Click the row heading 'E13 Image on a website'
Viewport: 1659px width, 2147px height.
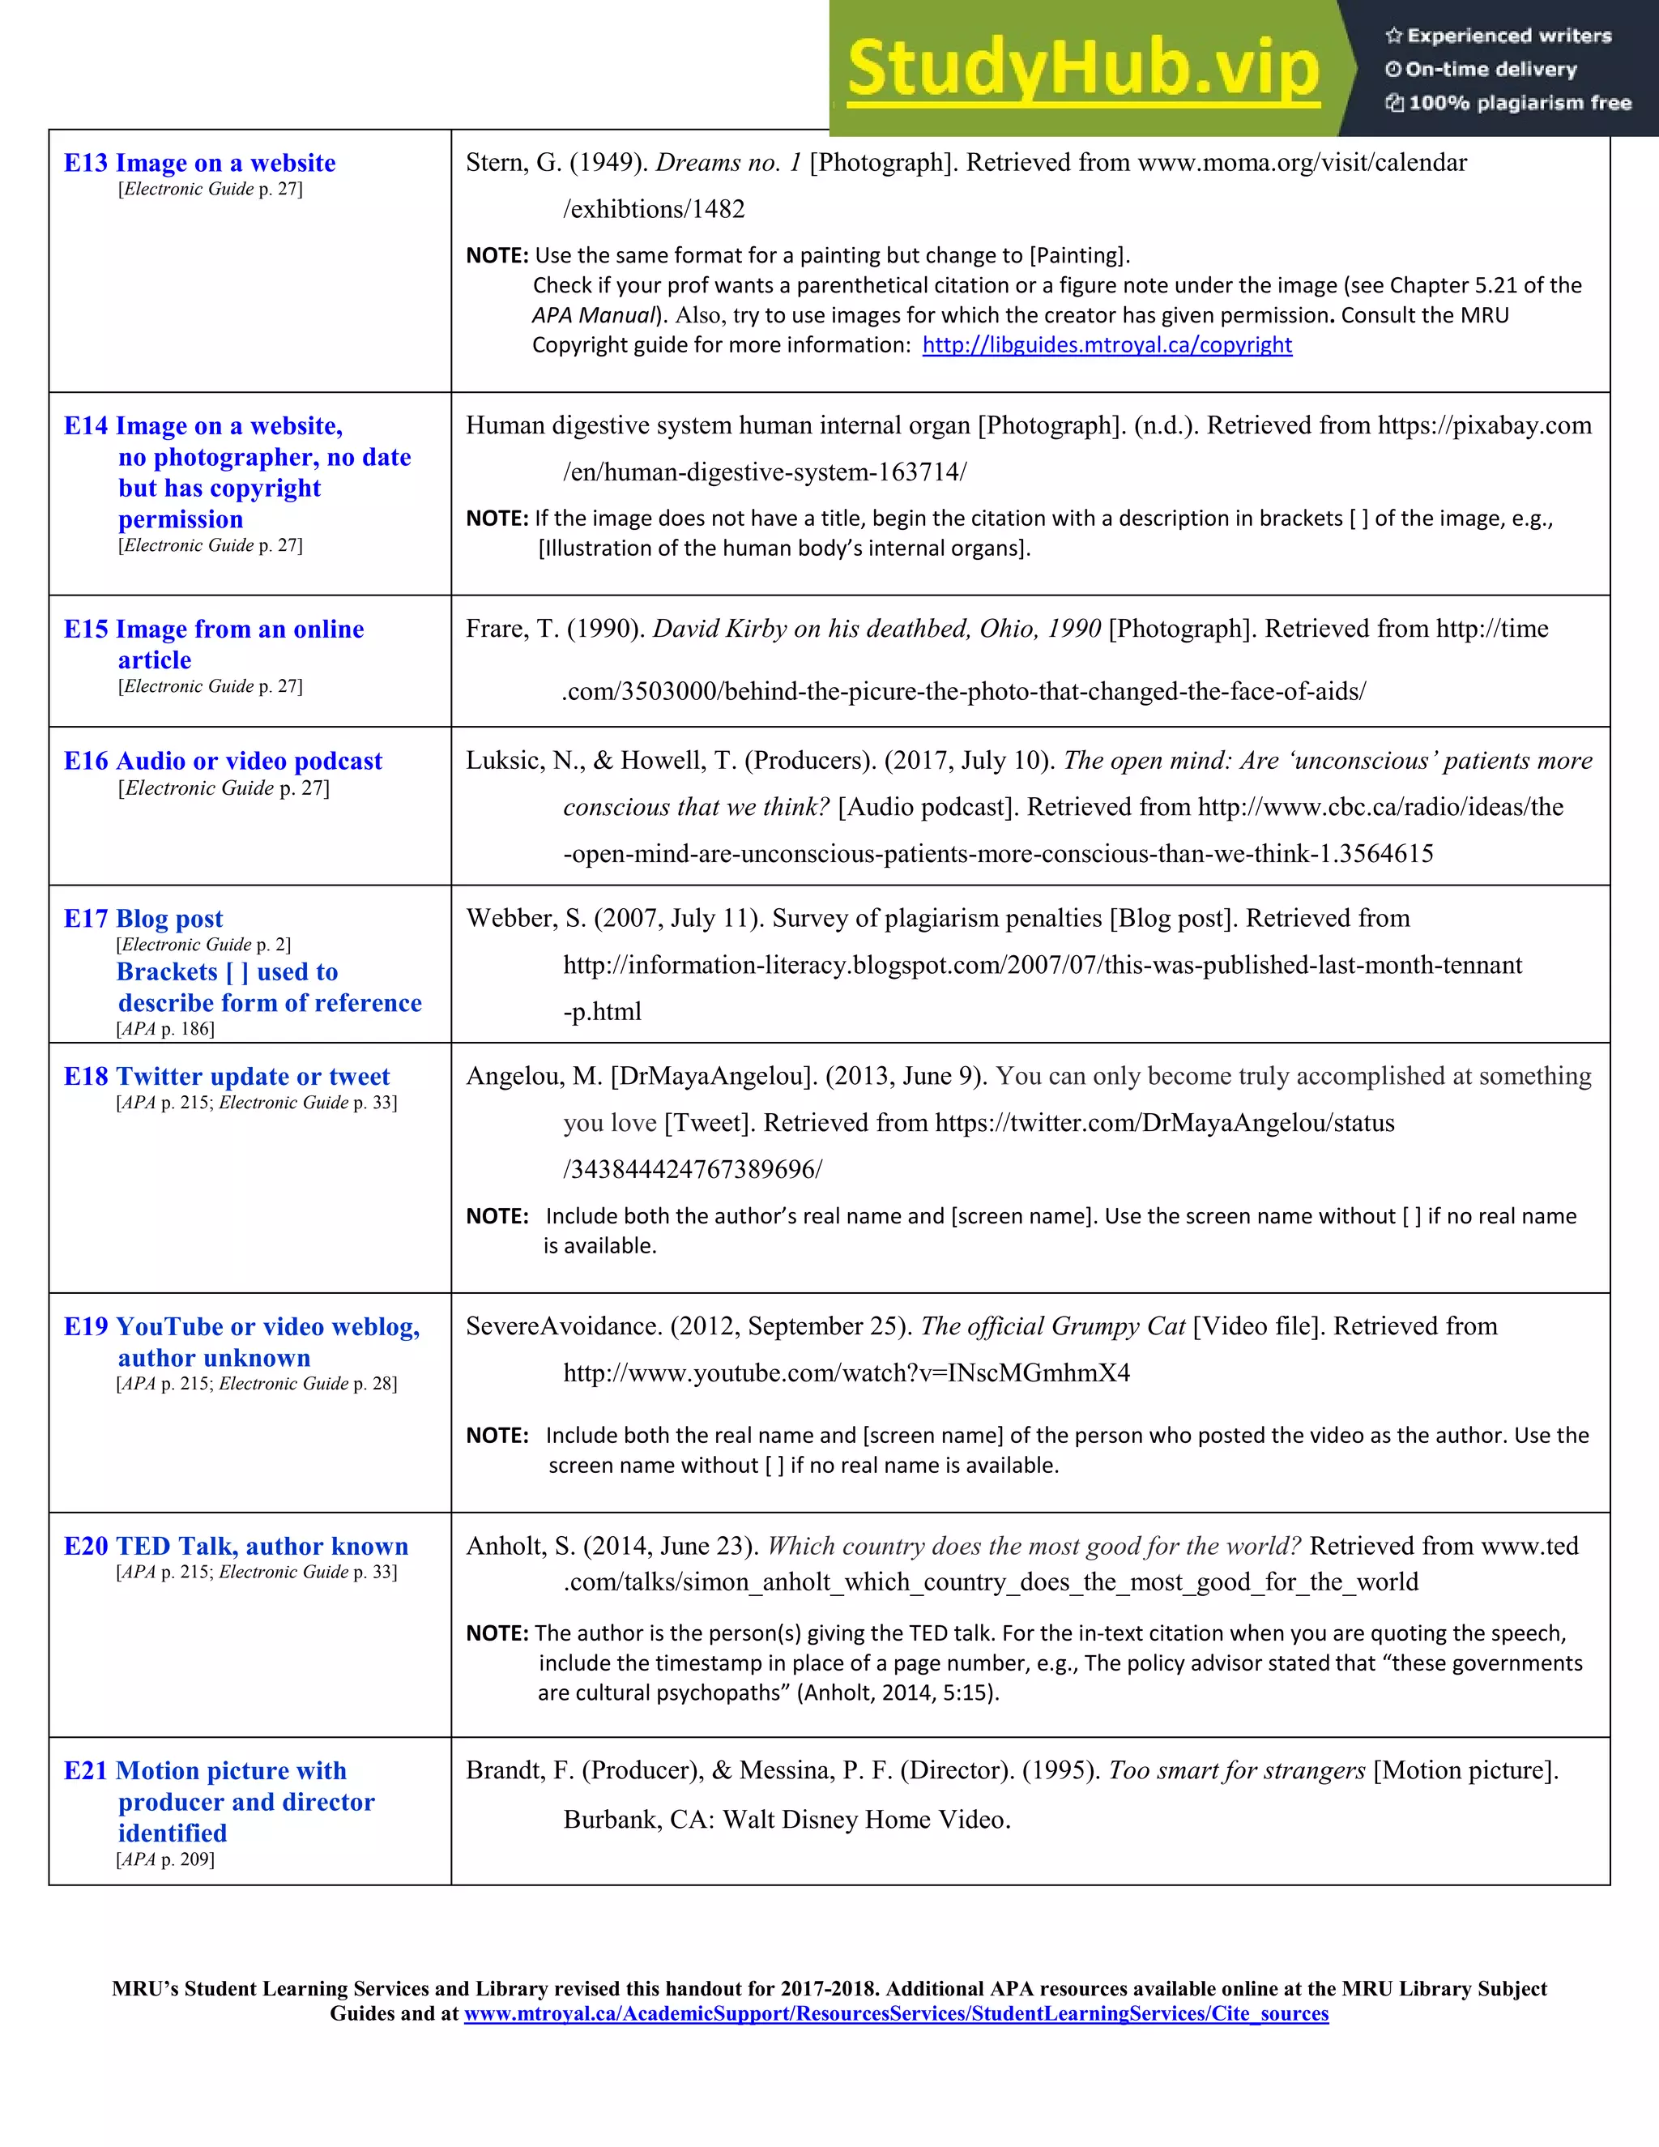pyautogui.click(x=199, y=163)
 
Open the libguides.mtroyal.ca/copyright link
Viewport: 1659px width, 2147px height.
pyautogui.click(x=1107, y=345)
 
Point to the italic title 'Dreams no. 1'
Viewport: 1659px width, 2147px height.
pyautogui.click(x=728, y=163)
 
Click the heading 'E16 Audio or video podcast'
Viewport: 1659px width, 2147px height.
pyautogui.click(x=223, y=761)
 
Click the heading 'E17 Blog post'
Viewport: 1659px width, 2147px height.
pyautogui.click(x=143, y=920)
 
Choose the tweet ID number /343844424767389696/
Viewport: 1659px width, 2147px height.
pyautogui.click(x=692, y=1170)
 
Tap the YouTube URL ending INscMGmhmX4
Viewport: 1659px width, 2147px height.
pyautogui.click(x=847, y=1373)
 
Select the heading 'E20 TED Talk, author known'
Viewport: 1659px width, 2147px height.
pyautogui.click(x=236, y=1547)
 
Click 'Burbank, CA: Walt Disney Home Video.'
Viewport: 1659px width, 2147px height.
pyautogui.click(x=787, y=1820)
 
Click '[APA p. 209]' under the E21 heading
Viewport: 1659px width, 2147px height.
pyautogui.click(x=165, y=1859)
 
